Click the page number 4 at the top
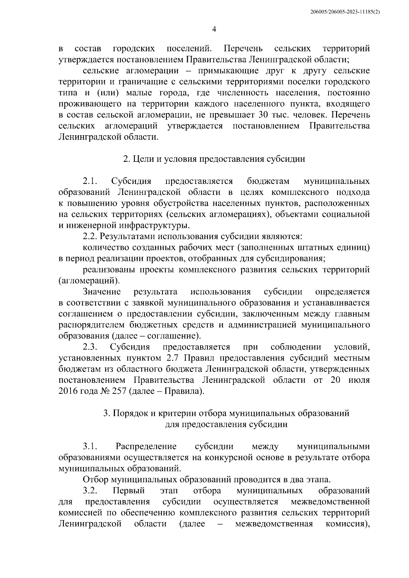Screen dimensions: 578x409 tap(214, 30)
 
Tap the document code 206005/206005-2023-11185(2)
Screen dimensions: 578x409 tap(345, 12)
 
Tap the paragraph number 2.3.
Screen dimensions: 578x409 tap(90, 347)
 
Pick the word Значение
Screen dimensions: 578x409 tap(102, 292)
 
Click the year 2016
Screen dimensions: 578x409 tap(68, 391)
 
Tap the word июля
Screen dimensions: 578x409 tap(359, 380)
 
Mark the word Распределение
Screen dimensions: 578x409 tap(146, 447)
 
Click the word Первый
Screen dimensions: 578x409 tap(128, 491)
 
